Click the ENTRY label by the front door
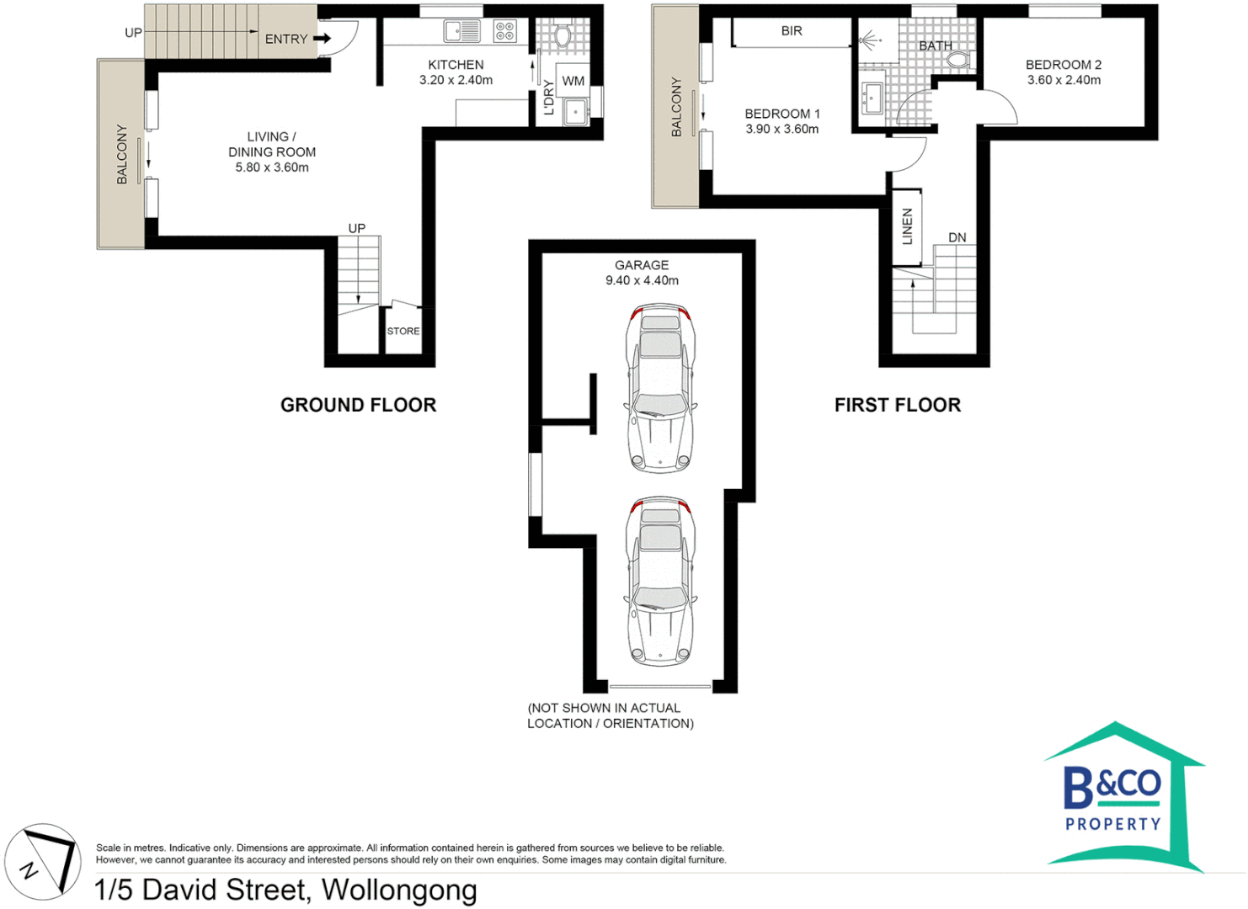point(286,39)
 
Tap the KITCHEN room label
point(456,65)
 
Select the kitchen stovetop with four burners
point(504,31)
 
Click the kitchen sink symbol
point(462,31)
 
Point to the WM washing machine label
point(573,81)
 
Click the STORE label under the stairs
point(403,331)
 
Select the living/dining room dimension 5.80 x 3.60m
point(272,167)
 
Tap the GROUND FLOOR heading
point(358,405)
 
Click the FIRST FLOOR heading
point(897,405)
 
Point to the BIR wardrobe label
point(792,31)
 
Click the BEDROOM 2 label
point(1063,65)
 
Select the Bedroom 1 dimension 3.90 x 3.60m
point(781,129)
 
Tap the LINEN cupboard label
point(907,226)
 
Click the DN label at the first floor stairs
point(957,237)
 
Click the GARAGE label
point(642,265)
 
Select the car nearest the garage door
point(660,582)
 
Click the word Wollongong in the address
point(399,890)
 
